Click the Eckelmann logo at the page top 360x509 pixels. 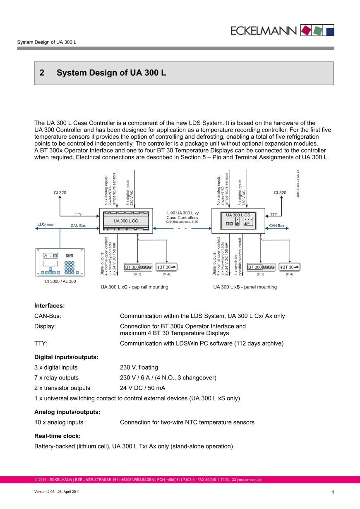(x=282, y=30)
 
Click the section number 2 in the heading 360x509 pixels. (x=42, y=73)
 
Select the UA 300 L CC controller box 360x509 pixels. (x=126, y=221)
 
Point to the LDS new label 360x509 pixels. (x=46, y=224)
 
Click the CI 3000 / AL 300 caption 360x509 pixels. (x=60, y=281)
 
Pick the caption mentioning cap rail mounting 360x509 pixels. (x=134, y=287)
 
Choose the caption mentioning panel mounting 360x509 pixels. (x=245, y=287)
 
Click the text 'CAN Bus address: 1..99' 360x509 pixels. (x=182, y=222)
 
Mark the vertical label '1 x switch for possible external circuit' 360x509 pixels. (x=238, y=257)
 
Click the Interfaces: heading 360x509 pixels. (x=49, y=306)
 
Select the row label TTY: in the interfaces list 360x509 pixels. (x=41, y=343)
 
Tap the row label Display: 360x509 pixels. (x=45, y=326)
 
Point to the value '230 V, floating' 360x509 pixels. (x=139, y=367)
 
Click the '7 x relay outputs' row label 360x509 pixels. (x=56, y=378)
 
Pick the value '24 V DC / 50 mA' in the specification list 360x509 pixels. (x=142, y=388)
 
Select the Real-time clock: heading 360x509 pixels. (x=57, y=436)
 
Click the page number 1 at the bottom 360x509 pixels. (x=333, y=492)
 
